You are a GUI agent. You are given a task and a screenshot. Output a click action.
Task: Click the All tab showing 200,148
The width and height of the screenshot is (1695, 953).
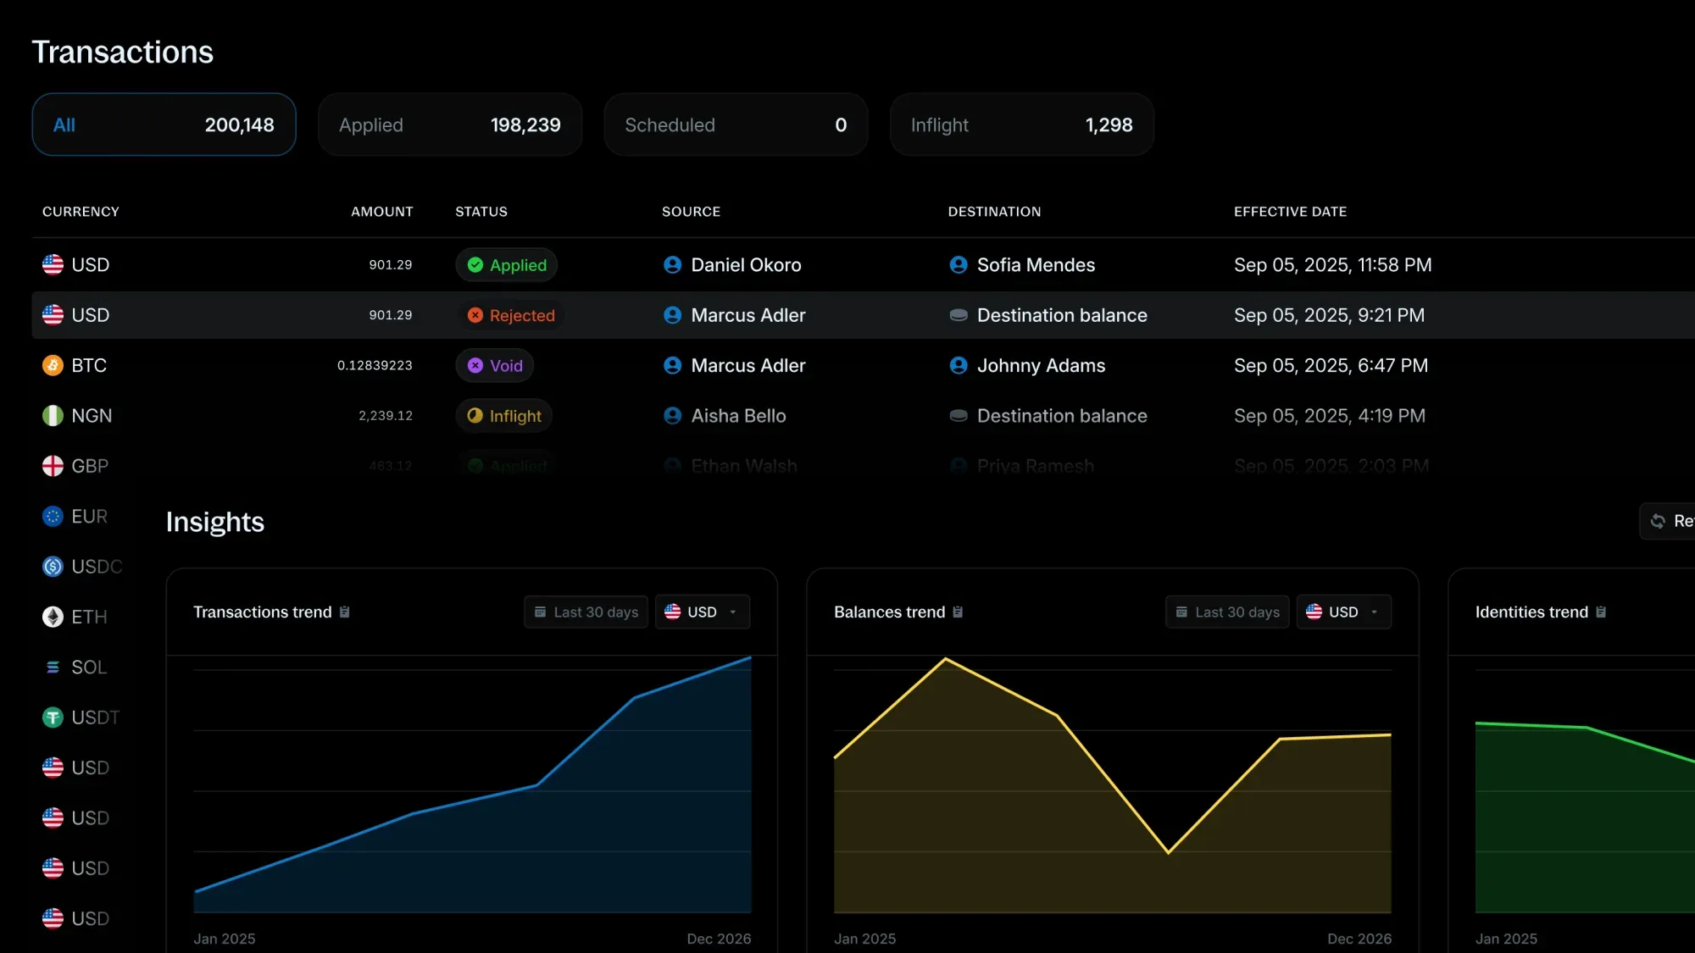click(164, 125)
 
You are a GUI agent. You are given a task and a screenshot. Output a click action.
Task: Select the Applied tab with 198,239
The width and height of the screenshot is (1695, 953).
click(449, 125)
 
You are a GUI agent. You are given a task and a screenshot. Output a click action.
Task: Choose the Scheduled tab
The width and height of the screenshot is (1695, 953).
click(735, 125)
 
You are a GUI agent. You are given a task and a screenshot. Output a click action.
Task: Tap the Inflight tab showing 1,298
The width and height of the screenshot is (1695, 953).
click(1021, 125)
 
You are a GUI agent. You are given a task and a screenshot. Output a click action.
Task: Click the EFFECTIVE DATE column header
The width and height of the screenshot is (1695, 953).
click(1290, 212)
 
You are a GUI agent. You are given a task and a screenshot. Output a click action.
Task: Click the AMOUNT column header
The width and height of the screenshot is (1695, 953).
click(382, 212)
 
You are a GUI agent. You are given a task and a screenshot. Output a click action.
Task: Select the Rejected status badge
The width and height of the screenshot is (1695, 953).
click(511, 315)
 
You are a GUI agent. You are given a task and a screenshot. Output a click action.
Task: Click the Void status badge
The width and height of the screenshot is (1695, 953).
click(496, 366)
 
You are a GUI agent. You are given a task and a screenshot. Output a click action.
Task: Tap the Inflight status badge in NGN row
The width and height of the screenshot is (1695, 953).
click(504, 416)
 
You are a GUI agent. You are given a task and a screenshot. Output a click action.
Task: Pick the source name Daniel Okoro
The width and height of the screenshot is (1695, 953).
click(746, 265)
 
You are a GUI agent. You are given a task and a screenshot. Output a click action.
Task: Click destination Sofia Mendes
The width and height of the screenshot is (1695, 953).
click(1036, 265)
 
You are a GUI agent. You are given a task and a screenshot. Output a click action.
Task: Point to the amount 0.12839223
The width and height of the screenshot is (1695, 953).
click(375, 366)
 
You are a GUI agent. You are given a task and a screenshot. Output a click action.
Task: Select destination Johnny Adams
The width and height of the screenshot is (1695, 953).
click(1041, 366)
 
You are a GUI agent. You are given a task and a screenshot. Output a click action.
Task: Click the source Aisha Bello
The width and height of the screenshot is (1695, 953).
click(738, 416)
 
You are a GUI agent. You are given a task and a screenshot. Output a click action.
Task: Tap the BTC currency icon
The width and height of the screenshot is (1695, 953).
click(53, 366)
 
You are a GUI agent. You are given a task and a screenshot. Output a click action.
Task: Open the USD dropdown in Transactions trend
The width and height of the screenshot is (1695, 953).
click(703, 612)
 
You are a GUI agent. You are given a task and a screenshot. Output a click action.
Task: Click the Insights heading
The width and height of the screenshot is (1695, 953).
click(215, 522)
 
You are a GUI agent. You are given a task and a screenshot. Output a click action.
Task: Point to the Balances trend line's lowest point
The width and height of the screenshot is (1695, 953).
click(1168, 852)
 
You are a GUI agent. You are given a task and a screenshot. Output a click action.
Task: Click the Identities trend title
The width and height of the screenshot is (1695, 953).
click(1531, 612)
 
